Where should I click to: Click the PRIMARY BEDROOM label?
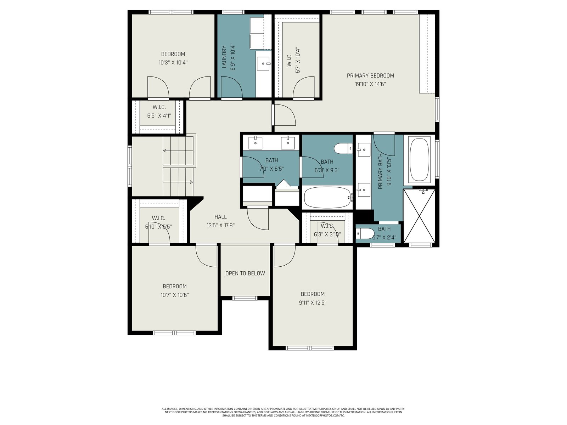(370, 75)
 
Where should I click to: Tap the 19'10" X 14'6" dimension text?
(370, 84)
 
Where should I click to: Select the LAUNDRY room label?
(224, 57)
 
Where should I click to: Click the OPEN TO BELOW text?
(245, 273)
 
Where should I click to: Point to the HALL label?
(220, 217)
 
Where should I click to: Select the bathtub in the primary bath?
(420, 160)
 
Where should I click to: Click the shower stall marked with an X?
(419, 215)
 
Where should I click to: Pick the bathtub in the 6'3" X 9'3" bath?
(327, 197)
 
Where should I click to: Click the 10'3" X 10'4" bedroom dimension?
(173, 63)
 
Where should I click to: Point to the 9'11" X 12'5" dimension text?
(313, 303)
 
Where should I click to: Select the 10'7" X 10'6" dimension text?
(175, 295)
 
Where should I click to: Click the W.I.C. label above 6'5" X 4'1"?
(159, 107)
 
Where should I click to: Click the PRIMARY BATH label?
(380, 171)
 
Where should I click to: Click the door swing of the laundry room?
(232, 87)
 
